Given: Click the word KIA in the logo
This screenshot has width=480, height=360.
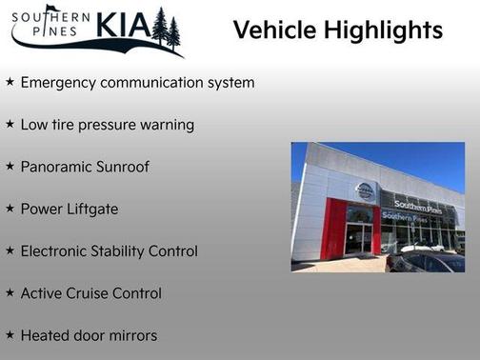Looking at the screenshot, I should (x=120, y=25).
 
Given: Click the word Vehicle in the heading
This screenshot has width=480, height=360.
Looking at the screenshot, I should (x=273, y=30).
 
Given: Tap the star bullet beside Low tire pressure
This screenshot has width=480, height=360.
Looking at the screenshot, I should (x=10, y=125).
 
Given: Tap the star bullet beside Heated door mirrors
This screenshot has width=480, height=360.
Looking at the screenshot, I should (x=10, y=335).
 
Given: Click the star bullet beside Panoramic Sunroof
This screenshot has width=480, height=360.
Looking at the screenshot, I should (x=10, y=167).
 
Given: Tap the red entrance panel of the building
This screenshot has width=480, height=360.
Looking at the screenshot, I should (x=334, y=229).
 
